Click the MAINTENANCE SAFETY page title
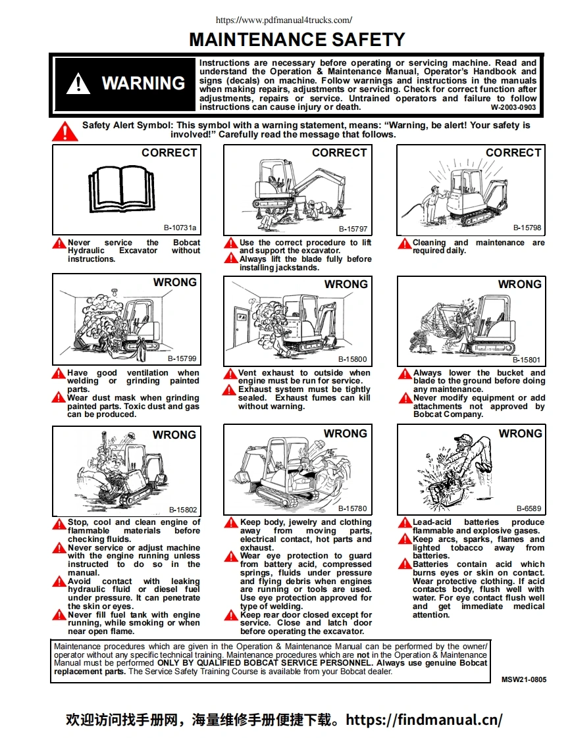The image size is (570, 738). (296, 39)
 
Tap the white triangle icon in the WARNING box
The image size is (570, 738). (78, 84)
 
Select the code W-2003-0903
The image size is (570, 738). (513, 107)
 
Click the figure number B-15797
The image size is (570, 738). (353, 229)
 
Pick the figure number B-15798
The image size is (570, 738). (527, 228)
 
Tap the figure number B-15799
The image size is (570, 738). (182, 358)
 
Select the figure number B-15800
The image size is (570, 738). (353, 359)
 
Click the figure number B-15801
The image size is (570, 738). (527, 360)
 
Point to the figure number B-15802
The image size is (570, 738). (182, 509)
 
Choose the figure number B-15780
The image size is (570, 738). (353, 508)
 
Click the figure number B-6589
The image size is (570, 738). (529, 508)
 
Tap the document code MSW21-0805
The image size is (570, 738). (523, 679)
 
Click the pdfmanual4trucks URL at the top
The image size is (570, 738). (284, 20)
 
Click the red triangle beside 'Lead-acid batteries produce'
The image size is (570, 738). (405, 523)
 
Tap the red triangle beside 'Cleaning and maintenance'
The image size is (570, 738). (405, 243)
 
